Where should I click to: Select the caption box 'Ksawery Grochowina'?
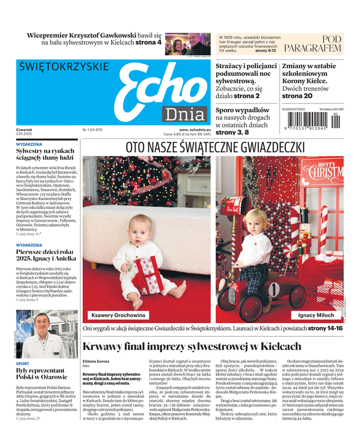point(118,315)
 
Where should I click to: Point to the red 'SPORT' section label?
point(23,363)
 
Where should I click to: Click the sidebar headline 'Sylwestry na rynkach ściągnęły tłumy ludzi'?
point(45,153)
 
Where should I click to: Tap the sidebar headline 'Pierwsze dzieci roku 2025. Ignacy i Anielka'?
point(45,256)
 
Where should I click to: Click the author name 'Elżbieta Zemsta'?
point(95,361)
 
